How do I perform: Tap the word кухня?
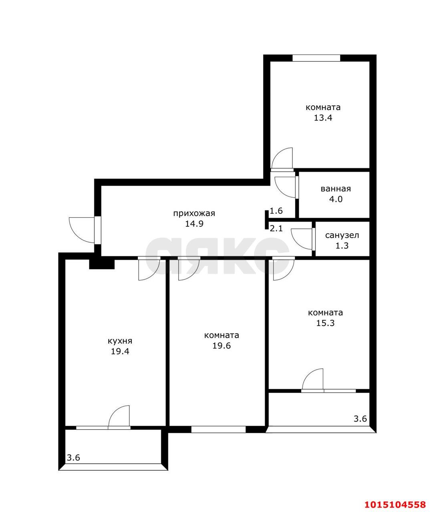120,341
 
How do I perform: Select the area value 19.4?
120,351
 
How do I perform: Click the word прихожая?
194,213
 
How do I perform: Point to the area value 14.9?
194,224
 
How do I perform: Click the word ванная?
336,189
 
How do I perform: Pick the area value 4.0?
336,199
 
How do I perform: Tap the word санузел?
342,235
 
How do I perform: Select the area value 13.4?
323,118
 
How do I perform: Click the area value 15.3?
325,323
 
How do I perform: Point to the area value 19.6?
222,346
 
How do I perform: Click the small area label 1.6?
276,211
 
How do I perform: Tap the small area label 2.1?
276,228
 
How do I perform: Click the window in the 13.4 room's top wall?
316,58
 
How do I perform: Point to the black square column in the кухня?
102,264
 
